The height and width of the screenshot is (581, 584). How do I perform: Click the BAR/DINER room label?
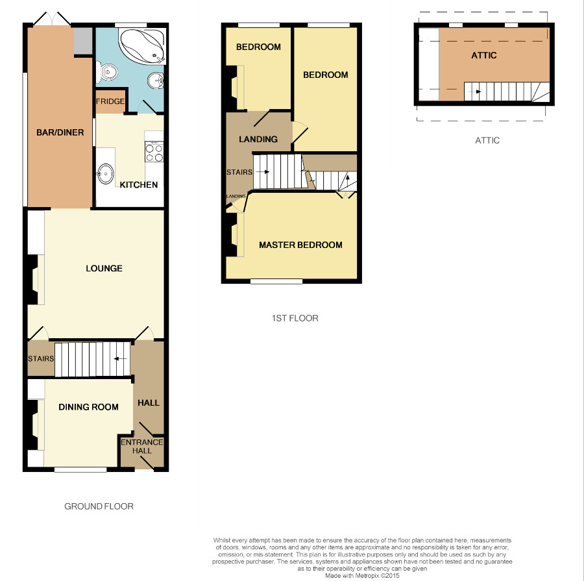click(60, 132)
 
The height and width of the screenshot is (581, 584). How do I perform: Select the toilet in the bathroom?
click(107, 71)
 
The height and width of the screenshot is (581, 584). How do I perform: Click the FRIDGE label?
click(110, 101)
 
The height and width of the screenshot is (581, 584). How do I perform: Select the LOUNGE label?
click(104, 268)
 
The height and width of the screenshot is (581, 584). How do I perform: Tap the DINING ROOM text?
click(89, 407)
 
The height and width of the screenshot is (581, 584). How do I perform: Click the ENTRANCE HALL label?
click(142, 447)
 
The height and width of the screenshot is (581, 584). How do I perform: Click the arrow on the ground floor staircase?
click(120, 359)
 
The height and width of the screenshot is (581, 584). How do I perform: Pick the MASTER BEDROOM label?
click(300, 245)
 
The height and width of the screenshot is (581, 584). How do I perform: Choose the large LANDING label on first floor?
click(258, 140)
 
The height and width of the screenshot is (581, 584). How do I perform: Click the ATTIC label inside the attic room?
click(484, 56)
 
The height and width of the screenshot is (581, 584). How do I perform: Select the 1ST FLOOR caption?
click(295, 318)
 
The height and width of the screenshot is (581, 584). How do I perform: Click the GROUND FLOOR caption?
click(99, 506)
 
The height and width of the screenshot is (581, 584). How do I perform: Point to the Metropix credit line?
click(362, 576)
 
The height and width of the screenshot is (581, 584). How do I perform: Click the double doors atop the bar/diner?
click(52, 19)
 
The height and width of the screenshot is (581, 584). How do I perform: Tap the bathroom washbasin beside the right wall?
click(156, 80)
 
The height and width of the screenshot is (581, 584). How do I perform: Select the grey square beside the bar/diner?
click(82, 41)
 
